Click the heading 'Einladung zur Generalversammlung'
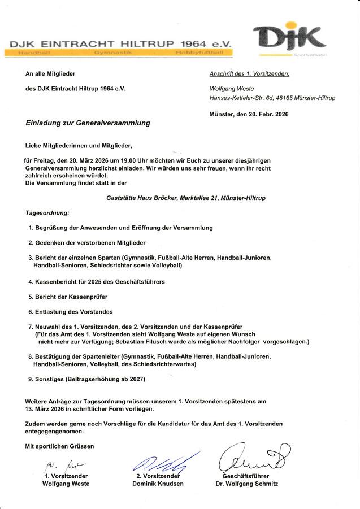click(x=88, y=123)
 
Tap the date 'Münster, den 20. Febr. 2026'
click(x=249, y=114)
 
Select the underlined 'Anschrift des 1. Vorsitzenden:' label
click(x=249, y=73)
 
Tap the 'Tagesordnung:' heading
click(x=47, y=213)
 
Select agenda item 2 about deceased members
click(x=87, y=242)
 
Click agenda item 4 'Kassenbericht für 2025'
click(x=96, y=281)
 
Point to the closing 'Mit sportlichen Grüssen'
click(x=59, y=446)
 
